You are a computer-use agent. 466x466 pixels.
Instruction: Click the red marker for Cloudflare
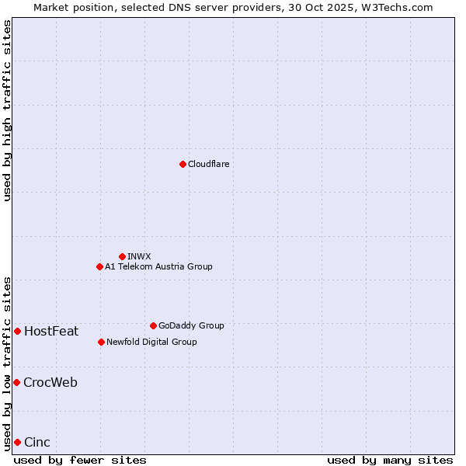(183, 164)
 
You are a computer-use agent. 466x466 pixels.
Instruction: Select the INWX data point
(122, 256)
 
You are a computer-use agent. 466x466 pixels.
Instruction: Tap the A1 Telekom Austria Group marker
(99, 266)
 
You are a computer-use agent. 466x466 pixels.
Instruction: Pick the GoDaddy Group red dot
(153, 325)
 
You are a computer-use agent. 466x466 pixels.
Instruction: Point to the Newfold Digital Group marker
(101, 342)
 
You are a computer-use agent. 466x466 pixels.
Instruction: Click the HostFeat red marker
(17, 331)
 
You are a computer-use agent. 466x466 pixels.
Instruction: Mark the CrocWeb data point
(16, 382)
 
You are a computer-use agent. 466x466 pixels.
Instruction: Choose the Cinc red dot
(17, 442)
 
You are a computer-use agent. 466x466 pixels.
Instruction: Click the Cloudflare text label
(208, 164)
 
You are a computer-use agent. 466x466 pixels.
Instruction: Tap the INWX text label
(139, 256)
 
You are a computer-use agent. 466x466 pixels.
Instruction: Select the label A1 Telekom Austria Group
(158, 266)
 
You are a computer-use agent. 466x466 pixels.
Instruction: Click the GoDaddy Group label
(191, 325)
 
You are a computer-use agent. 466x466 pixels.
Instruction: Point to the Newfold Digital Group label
(151, 342)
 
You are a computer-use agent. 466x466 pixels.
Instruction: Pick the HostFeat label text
(51, 332)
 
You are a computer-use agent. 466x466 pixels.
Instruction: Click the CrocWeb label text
(50, 383)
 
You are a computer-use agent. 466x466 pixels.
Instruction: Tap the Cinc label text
(37, 443)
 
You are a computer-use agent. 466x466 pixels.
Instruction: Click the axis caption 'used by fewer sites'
(80, 460)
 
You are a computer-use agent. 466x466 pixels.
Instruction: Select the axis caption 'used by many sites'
(390, 460)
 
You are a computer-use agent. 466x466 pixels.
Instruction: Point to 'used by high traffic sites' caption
(7, 110)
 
